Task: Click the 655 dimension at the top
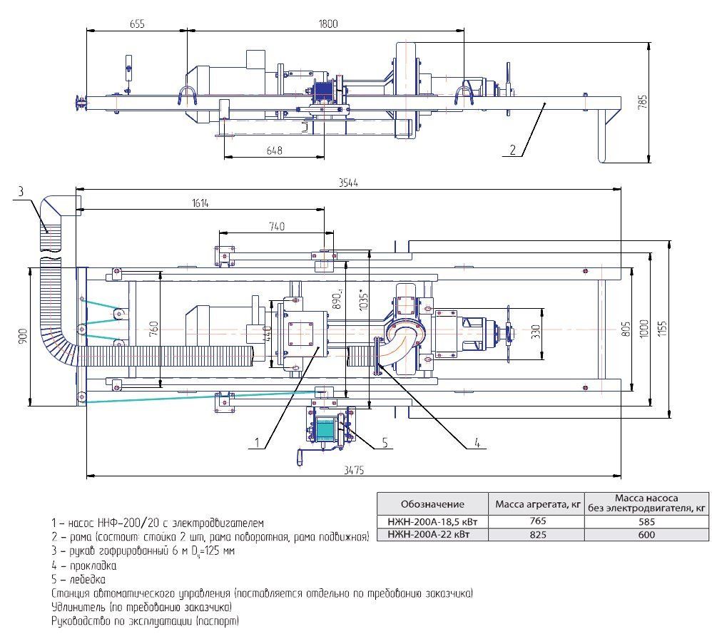pyautogui.click(x=137, y=24)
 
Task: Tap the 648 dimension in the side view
pyautogui.click(x=274, y=150)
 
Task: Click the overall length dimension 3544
pyautogui.click(x=349, y=183)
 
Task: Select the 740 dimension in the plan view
pyautogui.click(x=277, y=226)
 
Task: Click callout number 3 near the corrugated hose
pyautogui.click(x=21, y=191)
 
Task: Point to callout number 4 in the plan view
pyautogui.click(x=476, y=444)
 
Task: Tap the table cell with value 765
pyautogui.click(x=535, y=521)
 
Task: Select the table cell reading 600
pyautogui.click(x=646, y=534)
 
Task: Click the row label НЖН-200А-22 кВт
pyautogui.click(x=432, y=534)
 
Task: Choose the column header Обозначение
pyautogui.click(x=432, y=503)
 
